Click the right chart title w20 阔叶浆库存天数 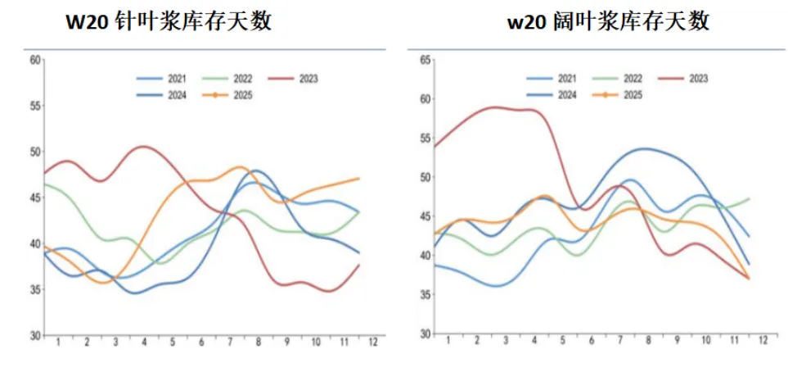[608, 21]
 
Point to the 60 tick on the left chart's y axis [34, 60]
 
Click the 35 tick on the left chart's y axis [34, 289]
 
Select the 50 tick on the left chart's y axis [34, 152]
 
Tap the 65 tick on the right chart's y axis [425, 60]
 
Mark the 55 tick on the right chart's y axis [425, 139]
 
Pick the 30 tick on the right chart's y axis [425, 334]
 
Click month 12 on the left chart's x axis [373, 341]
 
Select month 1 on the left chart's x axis [58, 341]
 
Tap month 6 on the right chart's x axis [592, 341]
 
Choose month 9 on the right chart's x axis [678, 341]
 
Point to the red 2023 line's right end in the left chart [359, 266]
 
